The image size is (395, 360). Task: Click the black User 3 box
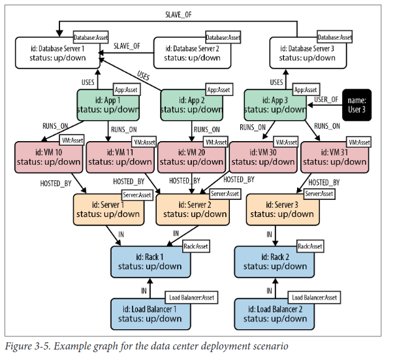pos(356,104)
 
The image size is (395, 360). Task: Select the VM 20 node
pos(190,157)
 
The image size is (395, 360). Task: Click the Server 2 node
pos(190,209)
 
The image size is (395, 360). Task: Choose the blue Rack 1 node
pos(151,261)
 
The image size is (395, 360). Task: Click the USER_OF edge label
pos(326,99)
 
